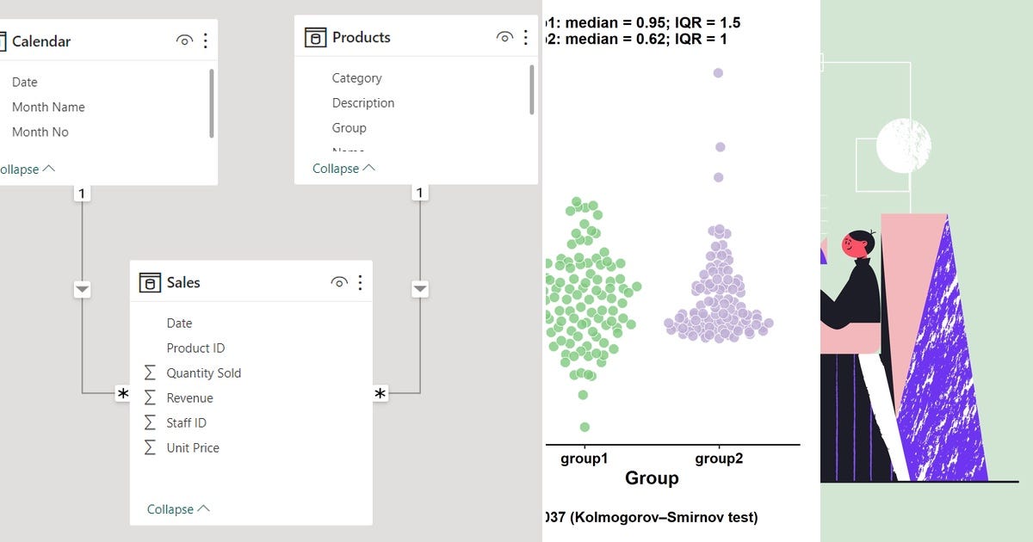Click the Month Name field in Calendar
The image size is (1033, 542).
click(48, 107)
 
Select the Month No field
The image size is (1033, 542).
click(40, 132)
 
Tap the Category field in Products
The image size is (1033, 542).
click(356, 77)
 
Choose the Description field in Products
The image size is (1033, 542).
click(363, 102)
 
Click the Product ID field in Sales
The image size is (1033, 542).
click(195, 348)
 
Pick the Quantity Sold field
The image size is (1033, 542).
click(203, 373)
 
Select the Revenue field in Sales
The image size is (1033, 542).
click(189, 397)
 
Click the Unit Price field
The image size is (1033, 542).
click(193, 447)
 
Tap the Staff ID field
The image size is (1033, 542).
click(186, 422)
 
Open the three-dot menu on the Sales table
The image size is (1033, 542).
click(360, 282)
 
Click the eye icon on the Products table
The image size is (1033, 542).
click(505, 37)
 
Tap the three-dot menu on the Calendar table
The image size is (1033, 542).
click(205, 40)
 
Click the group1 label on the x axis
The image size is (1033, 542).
click(585, 459)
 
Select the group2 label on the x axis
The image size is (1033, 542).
click(719, 459)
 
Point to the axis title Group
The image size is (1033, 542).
click(652, 478)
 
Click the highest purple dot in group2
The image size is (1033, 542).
click(718, 73)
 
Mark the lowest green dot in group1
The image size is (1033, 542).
click(585, 427)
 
